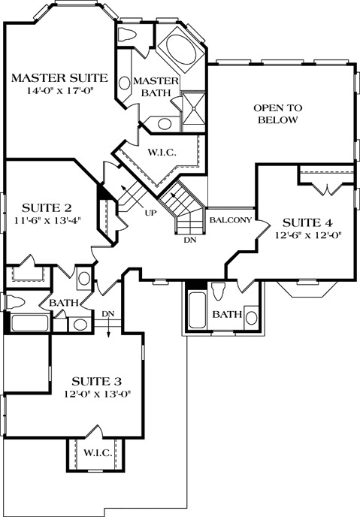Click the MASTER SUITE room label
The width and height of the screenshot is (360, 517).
coord(59,78)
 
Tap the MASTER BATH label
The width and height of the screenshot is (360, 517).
coord(156,86)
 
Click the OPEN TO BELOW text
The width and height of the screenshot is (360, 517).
coord(277,113)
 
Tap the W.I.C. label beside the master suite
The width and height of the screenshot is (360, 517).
coord(162,153)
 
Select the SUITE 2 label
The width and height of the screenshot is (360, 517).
coord(47,207)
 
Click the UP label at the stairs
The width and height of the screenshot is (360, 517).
coord(150,213)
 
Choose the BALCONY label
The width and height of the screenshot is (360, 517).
coord(225,220)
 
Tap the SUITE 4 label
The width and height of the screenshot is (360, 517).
coord(307,222)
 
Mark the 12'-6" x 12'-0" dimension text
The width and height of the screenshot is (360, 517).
coord(307,235)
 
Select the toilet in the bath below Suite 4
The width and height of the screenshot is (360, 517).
coord(218,292)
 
